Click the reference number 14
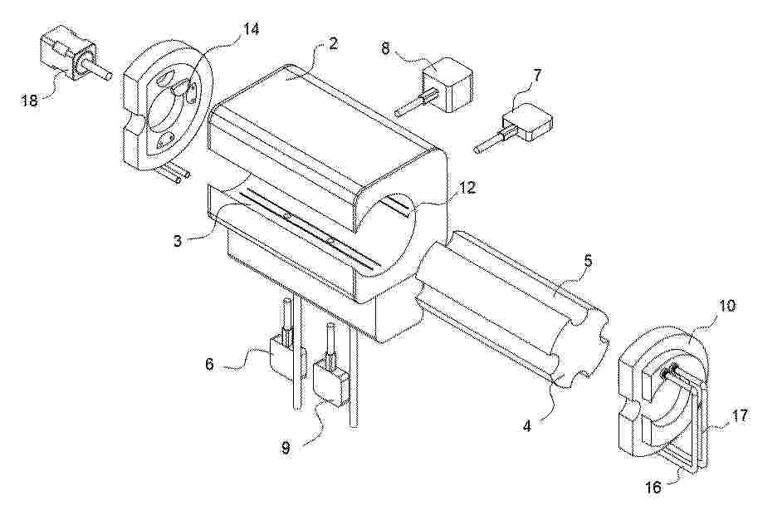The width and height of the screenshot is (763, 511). point(251,29)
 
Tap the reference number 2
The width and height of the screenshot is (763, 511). point(332,44)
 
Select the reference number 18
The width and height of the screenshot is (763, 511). point(30,101)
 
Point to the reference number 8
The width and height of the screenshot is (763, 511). point(385,50)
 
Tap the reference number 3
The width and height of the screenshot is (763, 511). point(179,241)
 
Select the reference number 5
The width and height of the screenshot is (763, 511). point(589,262)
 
